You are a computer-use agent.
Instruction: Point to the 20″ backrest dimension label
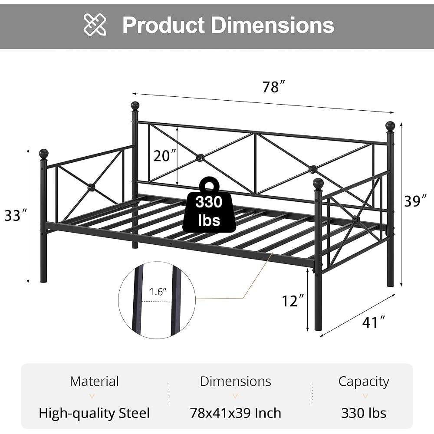tap(165, 155)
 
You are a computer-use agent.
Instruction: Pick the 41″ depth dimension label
tap(374, 322)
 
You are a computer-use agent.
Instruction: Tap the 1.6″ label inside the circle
tap(158, 292)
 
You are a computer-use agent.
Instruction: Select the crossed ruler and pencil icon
tap(95, 25)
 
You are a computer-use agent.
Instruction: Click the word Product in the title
tap(163, 25)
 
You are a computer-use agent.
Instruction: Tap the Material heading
tap(94, 381)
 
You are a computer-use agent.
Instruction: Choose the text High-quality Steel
tap(94, 413)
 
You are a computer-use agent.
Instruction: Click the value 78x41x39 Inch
tap(235, 413)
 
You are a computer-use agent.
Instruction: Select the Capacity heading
tap(364, 381)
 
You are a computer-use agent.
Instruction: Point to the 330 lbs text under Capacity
tap(364, 413)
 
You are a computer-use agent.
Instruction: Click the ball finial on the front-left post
tap(43, 154)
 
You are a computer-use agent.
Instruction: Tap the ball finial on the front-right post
tap(318, 183)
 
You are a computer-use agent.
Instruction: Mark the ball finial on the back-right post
tap(390, 126)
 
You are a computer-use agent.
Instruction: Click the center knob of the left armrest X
tap(91, 187)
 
